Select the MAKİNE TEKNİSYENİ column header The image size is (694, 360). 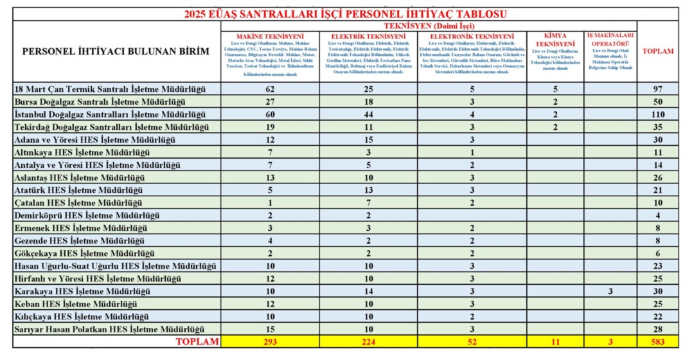tap(270, 37)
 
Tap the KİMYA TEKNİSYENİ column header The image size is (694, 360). tap(555, 40)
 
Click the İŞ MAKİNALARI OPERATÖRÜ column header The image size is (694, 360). tap(610, 39)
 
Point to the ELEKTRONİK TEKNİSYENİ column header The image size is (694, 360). tap(472, 37)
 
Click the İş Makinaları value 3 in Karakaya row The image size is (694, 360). tap(610, 291)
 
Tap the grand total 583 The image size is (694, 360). tap(657, 342)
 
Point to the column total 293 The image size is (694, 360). tap(270, 342)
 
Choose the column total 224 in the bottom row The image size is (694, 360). tap(368, 342)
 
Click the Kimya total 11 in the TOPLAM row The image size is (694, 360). tap(555, 342)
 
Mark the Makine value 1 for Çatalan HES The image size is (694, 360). tap(270, 203)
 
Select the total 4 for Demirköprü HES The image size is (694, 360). tap(657, 215)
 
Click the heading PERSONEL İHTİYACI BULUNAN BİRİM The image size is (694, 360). tap(116, 51)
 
